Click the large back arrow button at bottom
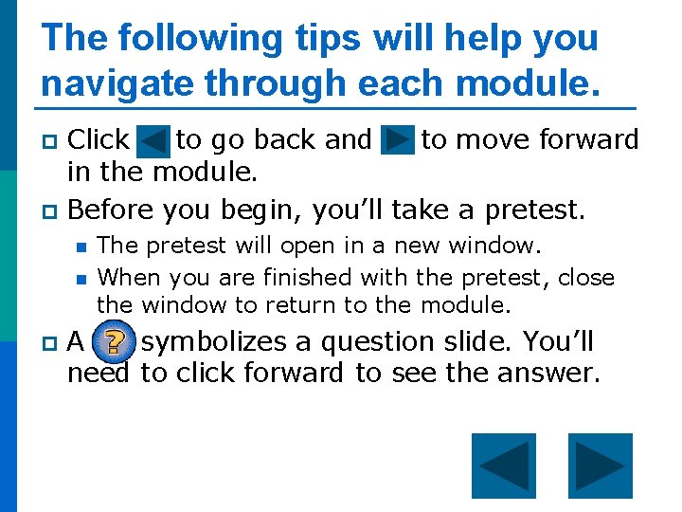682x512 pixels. [x=503, y=466]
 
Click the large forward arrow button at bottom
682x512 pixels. [x=600, y=466]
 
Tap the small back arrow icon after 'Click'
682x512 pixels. [x=153, y=141]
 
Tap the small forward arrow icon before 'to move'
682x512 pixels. [x=397, y=141]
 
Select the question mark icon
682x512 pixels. [x=115, y=344]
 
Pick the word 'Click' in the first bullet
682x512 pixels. [x=99, y=140]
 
